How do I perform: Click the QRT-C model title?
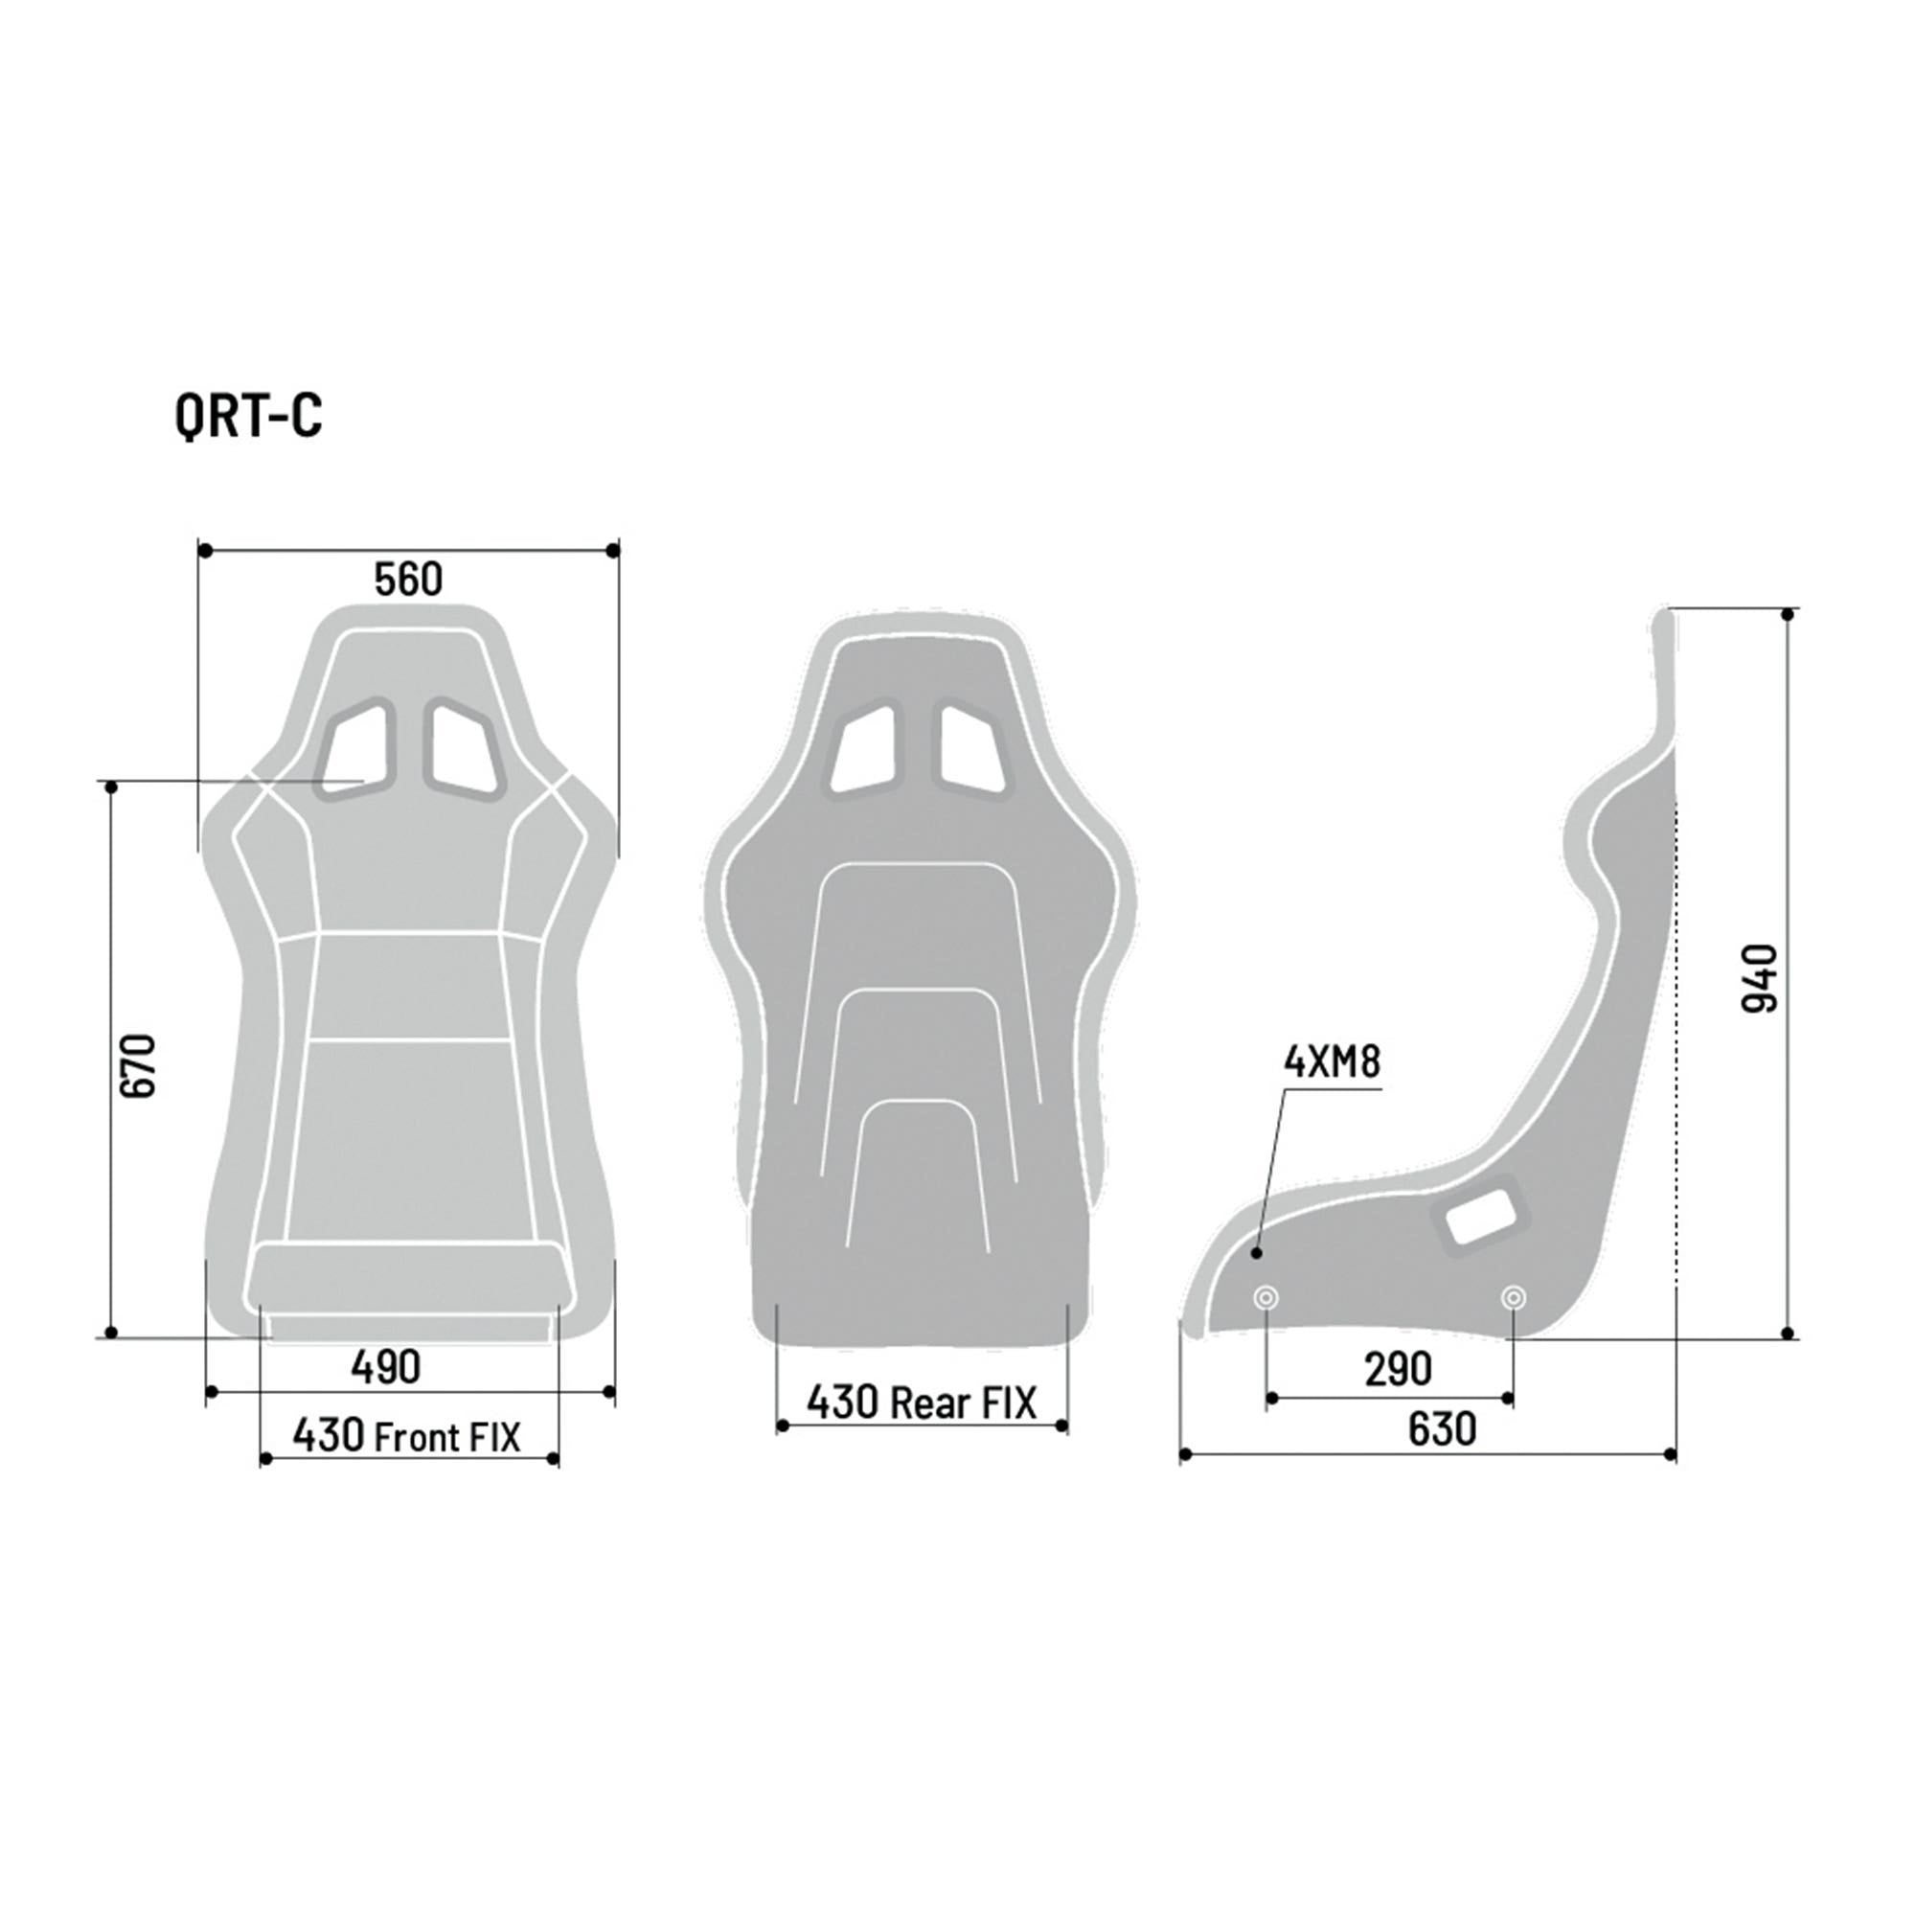249,416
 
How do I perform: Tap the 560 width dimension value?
407,581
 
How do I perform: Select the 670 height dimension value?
139,1065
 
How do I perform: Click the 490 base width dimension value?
386,1367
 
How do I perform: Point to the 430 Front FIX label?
405,1435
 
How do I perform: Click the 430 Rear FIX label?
921,1403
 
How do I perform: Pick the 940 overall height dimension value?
1759,978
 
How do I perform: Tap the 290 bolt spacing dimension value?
1398,1370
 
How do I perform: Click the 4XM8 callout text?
1331,1062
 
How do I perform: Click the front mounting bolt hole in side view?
1266,1297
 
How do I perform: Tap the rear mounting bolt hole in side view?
1513,1297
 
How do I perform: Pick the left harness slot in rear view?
863,749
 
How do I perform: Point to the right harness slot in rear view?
973,749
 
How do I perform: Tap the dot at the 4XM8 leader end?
1257,1253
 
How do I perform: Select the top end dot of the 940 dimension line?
1788,615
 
